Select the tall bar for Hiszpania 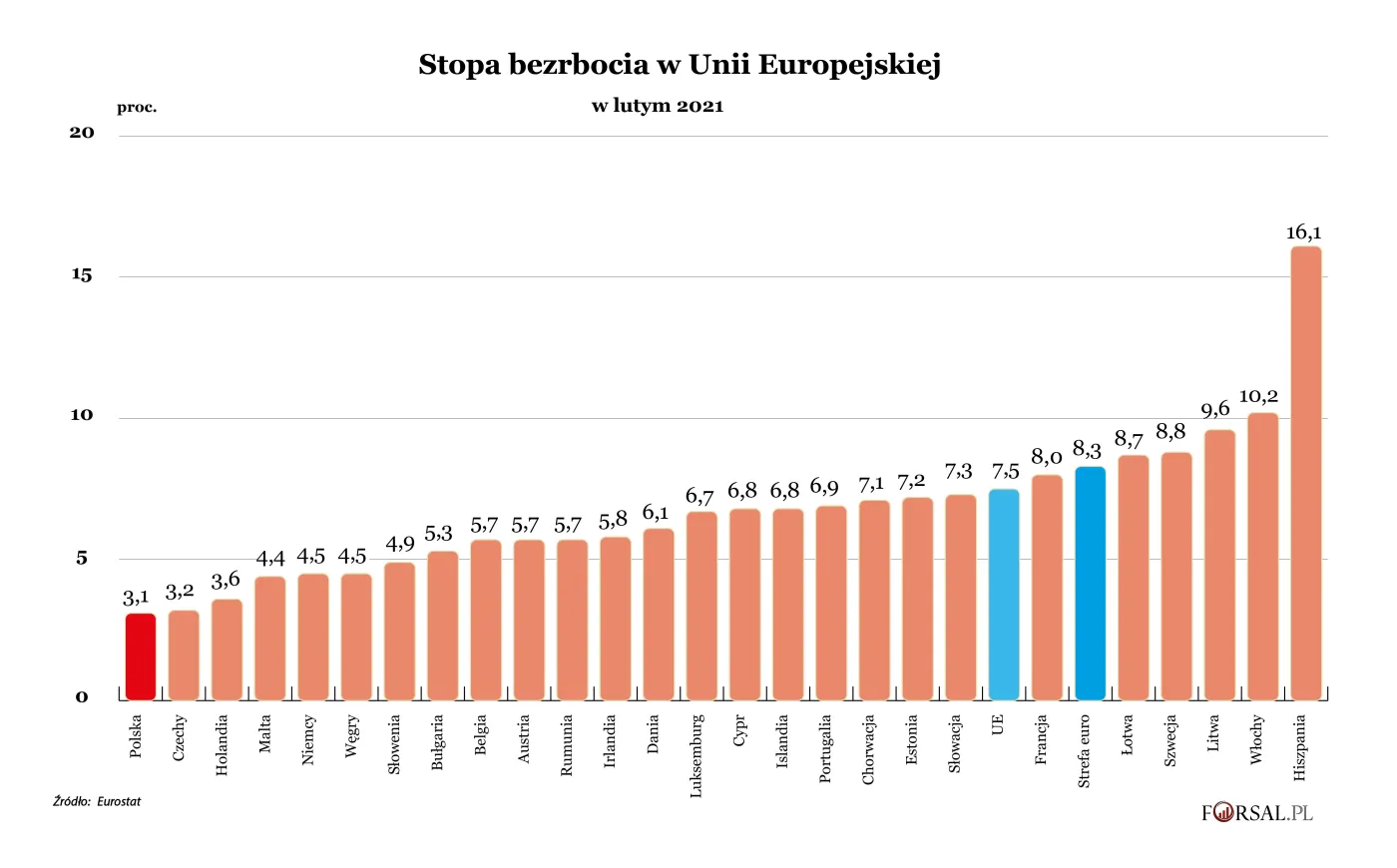coord(1305,473)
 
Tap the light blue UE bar coord(1004,595)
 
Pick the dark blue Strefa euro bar coord(1090,584)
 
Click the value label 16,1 coord(1303,232)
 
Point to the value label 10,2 coord(1258,396)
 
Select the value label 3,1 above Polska coord(137,598)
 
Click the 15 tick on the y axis coord(82,275)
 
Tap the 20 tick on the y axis coord(82,133)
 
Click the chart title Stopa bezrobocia coord(680,65)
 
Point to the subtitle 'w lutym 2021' coord(658,106)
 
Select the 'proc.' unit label coord(137,108)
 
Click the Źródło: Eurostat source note coord(97,801)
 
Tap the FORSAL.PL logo coord(1256,813)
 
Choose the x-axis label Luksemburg coord(697,755)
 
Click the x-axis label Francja coord(1041,739)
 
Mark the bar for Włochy coord(1262,556)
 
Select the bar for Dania coord(659,614)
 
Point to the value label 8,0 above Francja coord(1047,457)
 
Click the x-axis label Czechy coord(180,737)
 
